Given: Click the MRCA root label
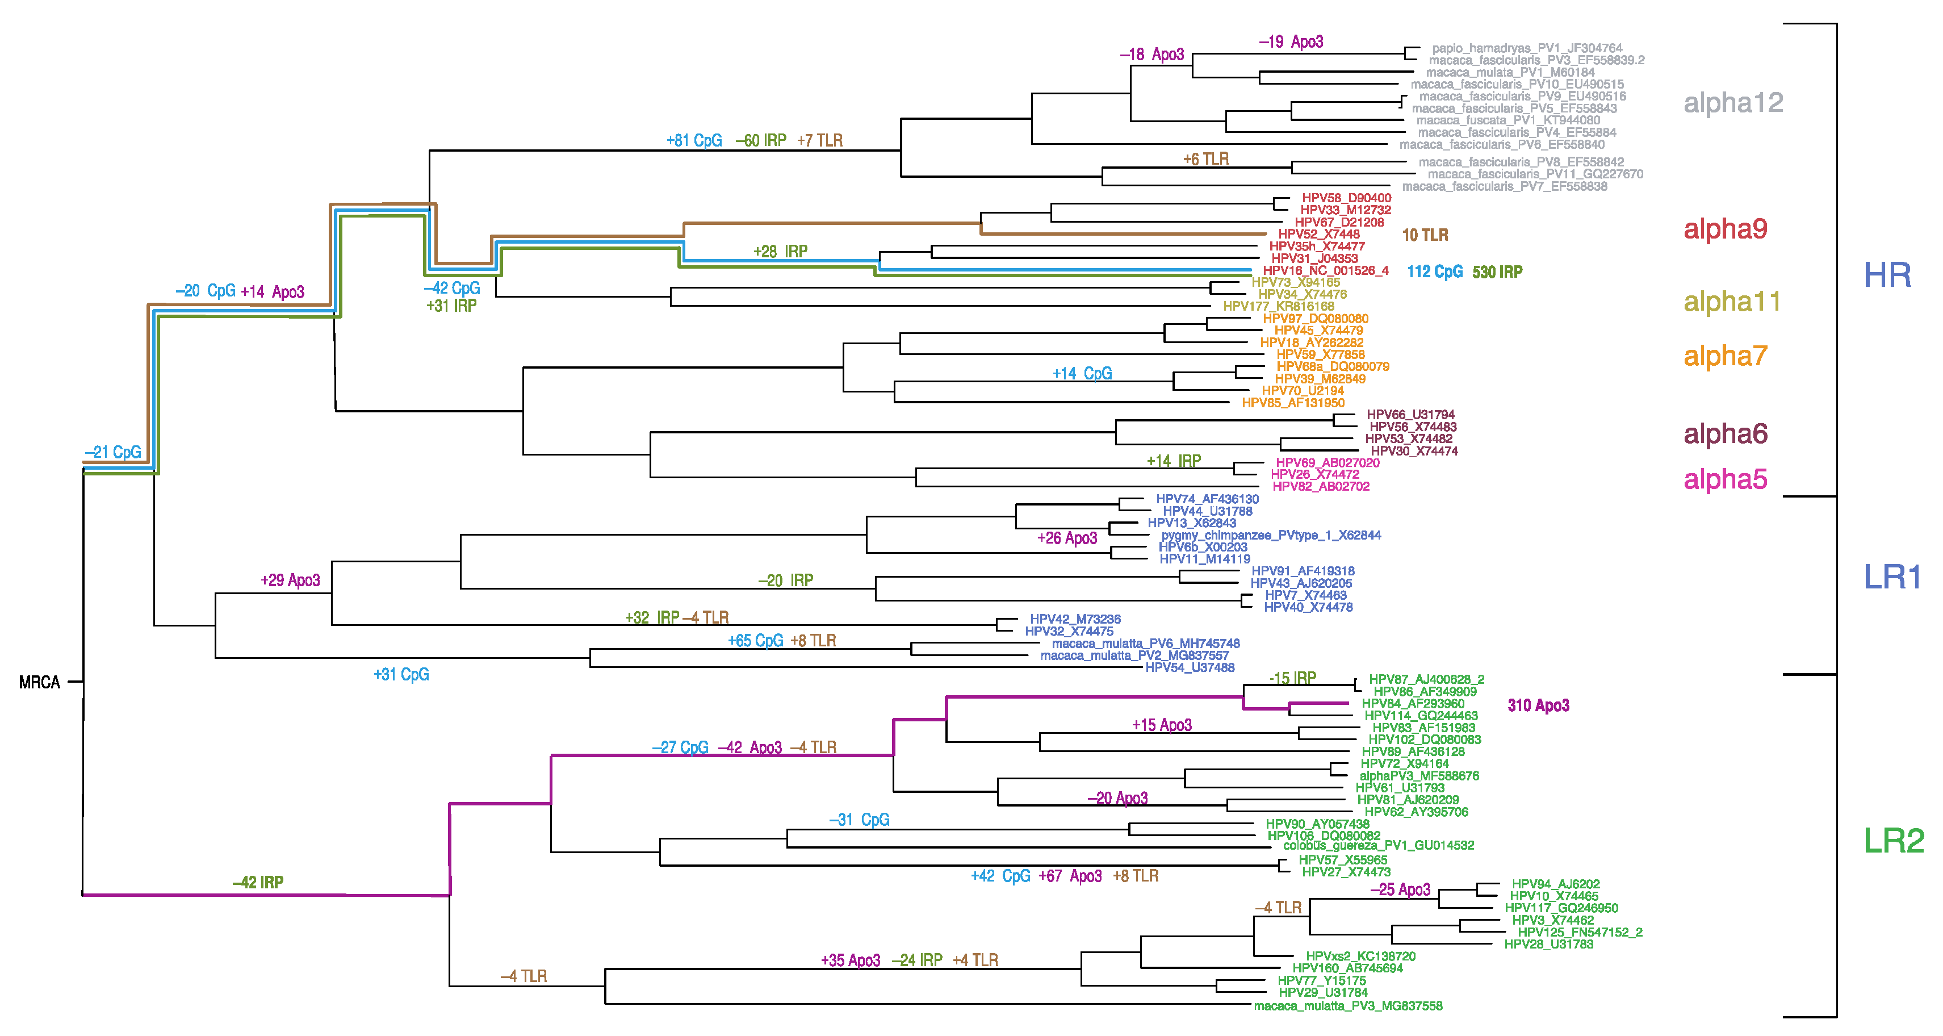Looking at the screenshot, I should click(39, 682).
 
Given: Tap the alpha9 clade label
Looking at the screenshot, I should click(1725, 229).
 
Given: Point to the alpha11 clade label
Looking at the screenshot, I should click(1732, 302).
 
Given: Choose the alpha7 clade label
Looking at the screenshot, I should click(1725, 356).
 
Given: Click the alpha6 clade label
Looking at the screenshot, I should click(1725, 434).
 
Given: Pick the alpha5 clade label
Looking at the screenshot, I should click(1725, 479).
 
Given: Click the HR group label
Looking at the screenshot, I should click(1887, 275).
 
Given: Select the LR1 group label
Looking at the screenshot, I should click(1892, 577).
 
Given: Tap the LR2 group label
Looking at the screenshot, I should click(1893, 841).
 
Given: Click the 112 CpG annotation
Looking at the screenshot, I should click(1435, 271).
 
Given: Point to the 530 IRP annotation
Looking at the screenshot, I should click(1497, 271).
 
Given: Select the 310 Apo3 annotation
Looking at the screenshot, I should click(1538, 705).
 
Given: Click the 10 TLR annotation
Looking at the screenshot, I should click(1425, 235).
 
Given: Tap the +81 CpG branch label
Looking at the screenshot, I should click(694, 140).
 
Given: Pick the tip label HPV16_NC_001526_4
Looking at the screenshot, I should click(1325, 270).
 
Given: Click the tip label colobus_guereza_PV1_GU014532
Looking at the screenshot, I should click(1378, 845).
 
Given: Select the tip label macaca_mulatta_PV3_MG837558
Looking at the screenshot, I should click(1348, 1006).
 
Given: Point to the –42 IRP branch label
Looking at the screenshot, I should click(258, 882).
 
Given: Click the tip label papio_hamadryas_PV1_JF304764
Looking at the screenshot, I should click(1527, 48).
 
